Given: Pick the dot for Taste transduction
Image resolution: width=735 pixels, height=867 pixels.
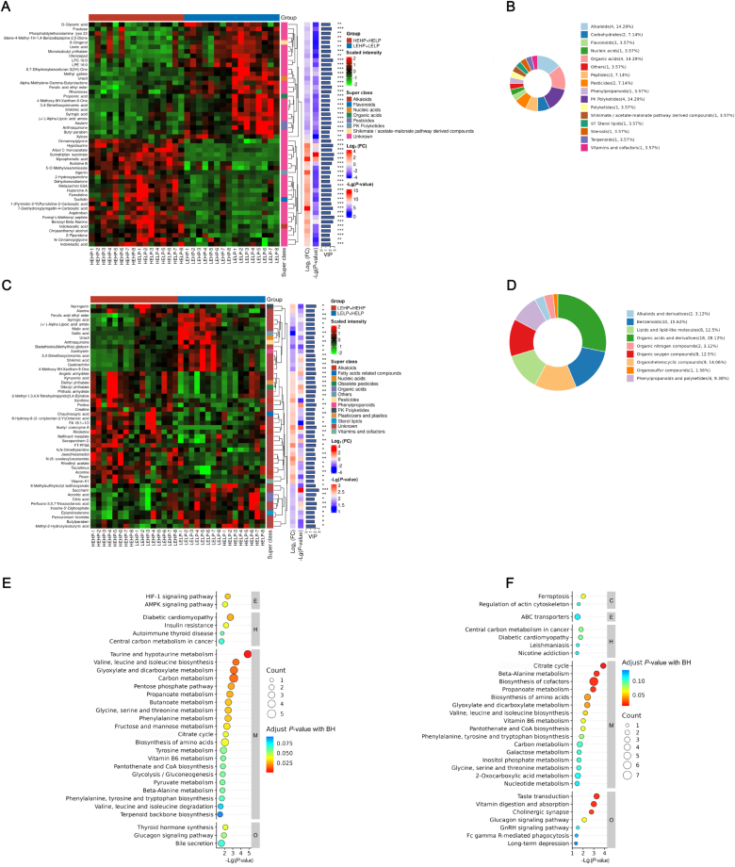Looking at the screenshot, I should click(595, 796).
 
